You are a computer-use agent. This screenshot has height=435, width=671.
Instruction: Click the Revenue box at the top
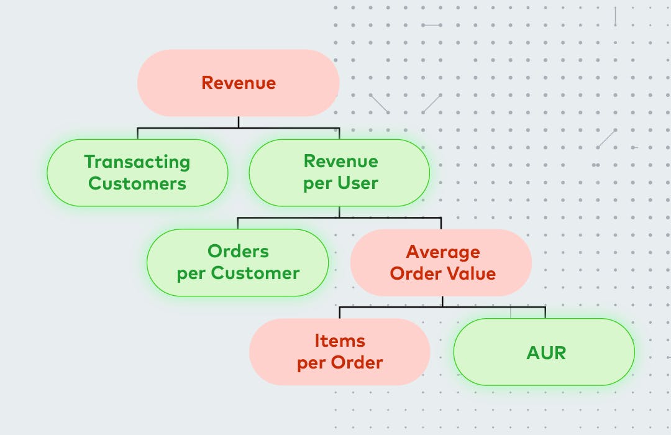[238, 83]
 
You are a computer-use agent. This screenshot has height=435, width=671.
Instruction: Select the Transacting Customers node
[137, 173]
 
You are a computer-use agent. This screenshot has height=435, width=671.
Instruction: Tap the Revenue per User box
[340, 173]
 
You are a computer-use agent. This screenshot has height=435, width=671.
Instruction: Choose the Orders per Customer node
[238, 262]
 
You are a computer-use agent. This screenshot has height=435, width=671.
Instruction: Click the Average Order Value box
[442, 262]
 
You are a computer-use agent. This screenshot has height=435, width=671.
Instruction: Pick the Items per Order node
[340, 352]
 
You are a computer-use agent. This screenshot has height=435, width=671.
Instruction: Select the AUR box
[544, 352]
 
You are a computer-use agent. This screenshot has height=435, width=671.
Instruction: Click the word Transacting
[137, 162]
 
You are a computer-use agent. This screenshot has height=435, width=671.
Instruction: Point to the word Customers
[137, 184]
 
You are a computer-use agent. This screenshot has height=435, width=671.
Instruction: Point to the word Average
[443, 252]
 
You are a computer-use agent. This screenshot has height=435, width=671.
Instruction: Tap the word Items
[340, 341]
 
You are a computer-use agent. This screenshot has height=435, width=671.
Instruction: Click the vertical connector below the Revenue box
[238, 122]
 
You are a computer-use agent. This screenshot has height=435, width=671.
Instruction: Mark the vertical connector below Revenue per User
[340, 212]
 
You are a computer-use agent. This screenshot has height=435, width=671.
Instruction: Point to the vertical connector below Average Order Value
[442, 301]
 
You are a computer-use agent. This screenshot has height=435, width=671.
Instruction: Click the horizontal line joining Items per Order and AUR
[442, 307]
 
